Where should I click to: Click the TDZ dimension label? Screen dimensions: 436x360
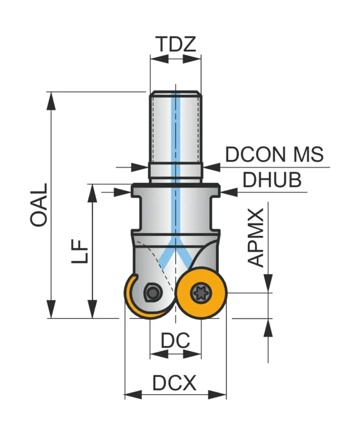click(175, 44)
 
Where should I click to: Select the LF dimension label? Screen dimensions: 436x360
click(80, 252)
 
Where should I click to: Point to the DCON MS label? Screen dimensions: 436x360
click(274, 155)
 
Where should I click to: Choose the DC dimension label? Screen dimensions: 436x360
click(175, 340)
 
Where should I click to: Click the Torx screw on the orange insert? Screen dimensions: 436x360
click(200, 293)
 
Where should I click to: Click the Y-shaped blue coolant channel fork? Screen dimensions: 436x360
click(175, 257)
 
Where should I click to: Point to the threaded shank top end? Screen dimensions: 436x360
click(175, 93)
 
